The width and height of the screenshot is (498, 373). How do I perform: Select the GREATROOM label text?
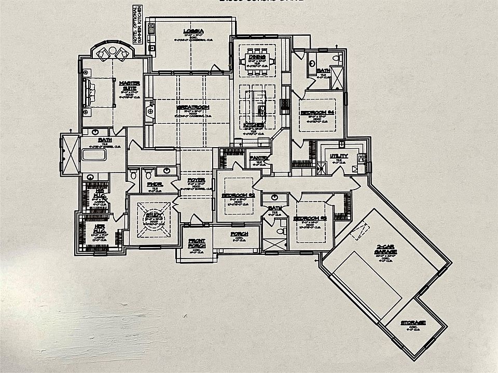click(193, 107)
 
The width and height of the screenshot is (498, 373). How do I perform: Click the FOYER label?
click(196, 180)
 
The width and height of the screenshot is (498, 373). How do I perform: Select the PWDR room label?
click(154, 183)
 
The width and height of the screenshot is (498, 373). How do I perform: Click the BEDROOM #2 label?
click(310, 219)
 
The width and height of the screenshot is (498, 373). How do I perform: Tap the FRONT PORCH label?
click(197, 242)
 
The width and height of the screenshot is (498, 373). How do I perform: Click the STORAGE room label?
click(413, 323)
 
